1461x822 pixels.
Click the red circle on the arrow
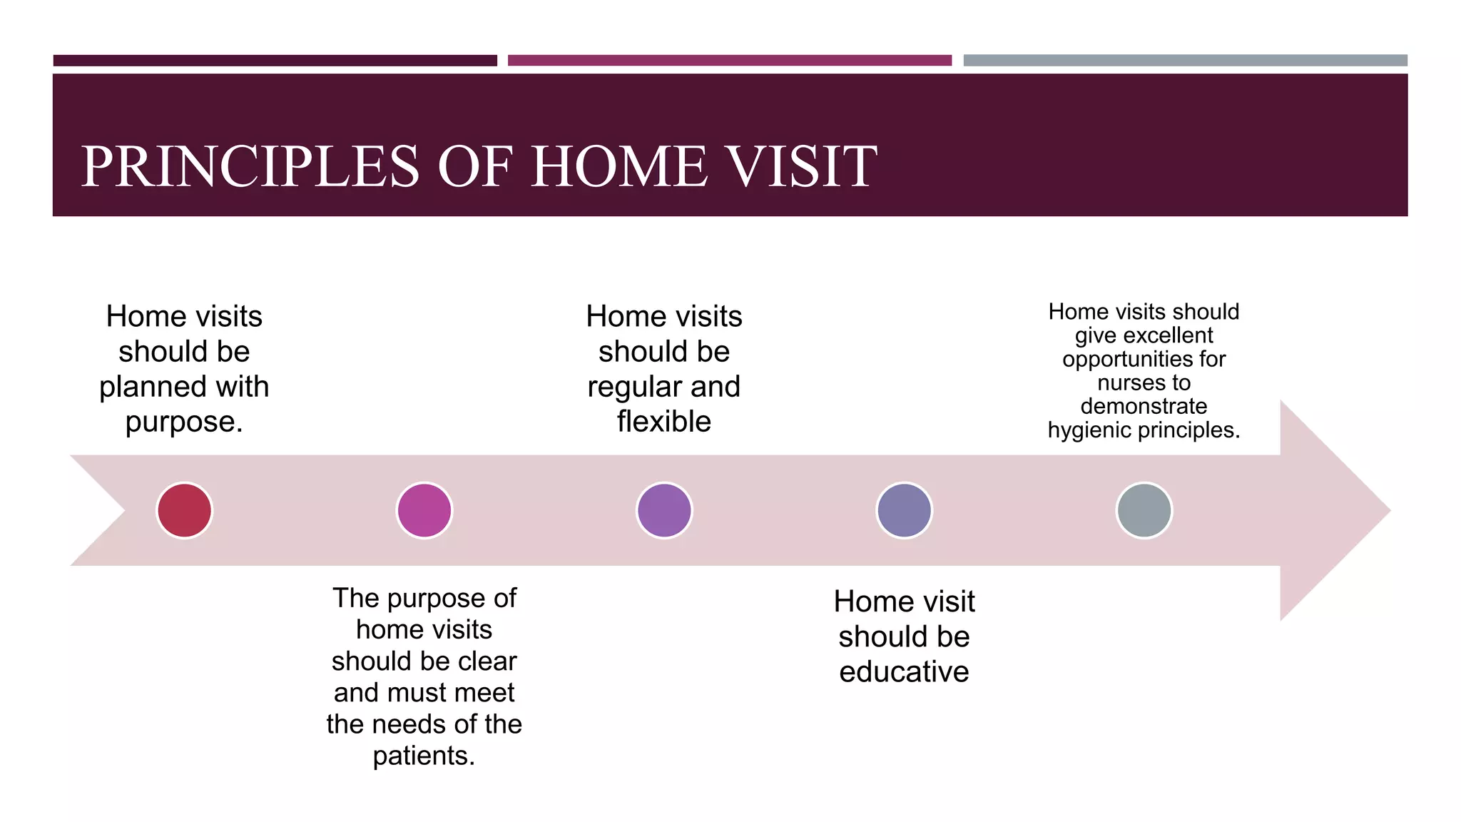click(184, 510)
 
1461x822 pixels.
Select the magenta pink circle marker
click(424, 510)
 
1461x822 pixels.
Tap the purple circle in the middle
click(663, 510)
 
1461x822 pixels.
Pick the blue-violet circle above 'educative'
click(904, 510)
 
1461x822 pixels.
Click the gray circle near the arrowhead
click(1144, 510)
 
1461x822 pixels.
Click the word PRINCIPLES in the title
click(250, 167)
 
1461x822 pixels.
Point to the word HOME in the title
click(618, 167)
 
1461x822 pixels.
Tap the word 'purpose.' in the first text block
click(184, 422)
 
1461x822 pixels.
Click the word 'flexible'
click(663, 422)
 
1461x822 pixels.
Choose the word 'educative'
click(904, 671)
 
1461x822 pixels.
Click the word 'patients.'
click(424, 756)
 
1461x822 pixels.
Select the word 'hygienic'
click(1089, 430)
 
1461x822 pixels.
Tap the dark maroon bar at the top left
click(275, 61)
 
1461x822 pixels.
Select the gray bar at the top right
click(1185, 61)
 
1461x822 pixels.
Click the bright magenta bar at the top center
click(729, 61)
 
